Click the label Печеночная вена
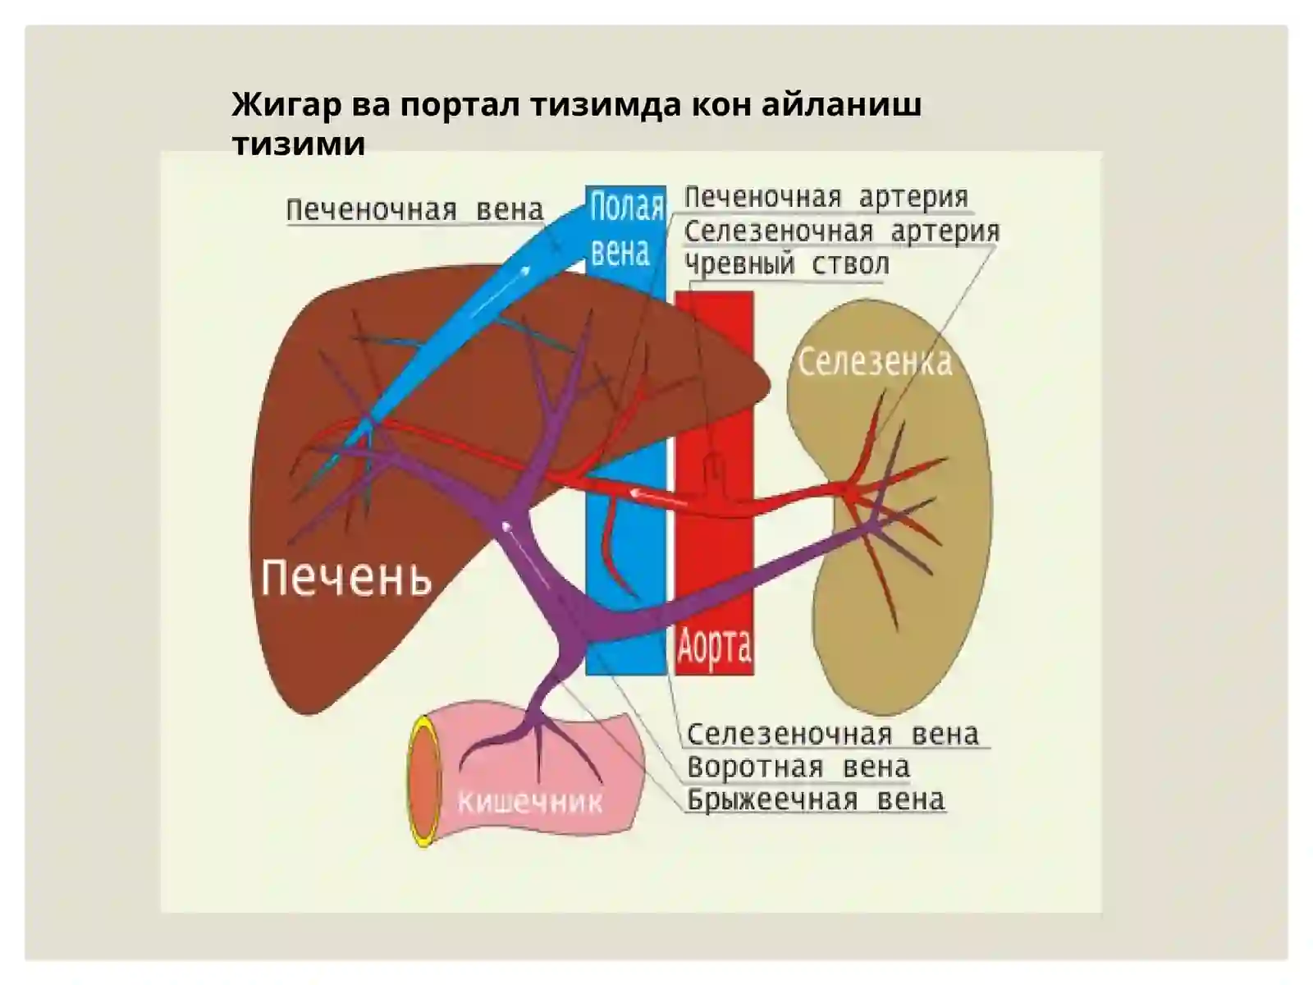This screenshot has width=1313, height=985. coord(414,210)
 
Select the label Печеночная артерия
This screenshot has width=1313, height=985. coord(826,197)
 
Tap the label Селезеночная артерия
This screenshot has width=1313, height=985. coord(842,231)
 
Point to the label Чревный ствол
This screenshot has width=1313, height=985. coord(787,263)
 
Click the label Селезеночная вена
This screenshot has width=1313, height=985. coord(833,734)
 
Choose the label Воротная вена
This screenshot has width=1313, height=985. coord(798,767)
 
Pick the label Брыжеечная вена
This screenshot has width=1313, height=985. coord(816,799)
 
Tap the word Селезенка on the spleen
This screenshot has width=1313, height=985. coord(875,362)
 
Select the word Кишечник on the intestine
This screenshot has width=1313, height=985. coord(529,802)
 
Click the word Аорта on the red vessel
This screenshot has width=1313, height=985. coord(714,647)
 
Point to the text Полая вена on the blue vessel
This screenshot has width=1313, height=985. coord(626,229)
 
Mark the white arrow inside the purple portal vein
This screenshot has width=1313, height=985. coord(525,554)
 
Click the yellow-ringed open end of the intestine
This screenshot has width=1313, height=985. coord(424,781)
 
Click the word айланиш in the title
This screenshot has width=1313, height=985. coord(842,105)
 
